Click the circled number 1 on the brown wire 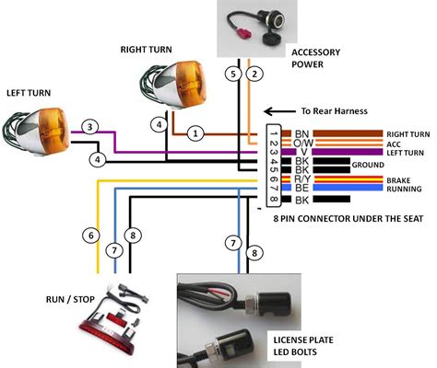point(195,133)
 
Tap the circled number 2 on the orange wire point(255,73)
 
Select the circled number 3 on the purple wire point(89,126)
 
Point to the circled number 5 point(234,73)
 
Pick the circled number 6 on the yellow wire point(90,236)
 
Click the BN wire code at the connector point(301,134)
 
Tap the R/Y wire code point(301,179)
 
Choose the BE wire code point(301,188)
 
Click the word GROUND point(369,165)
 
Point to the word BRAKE point(399,179)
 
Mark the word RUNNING point(404,189)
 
